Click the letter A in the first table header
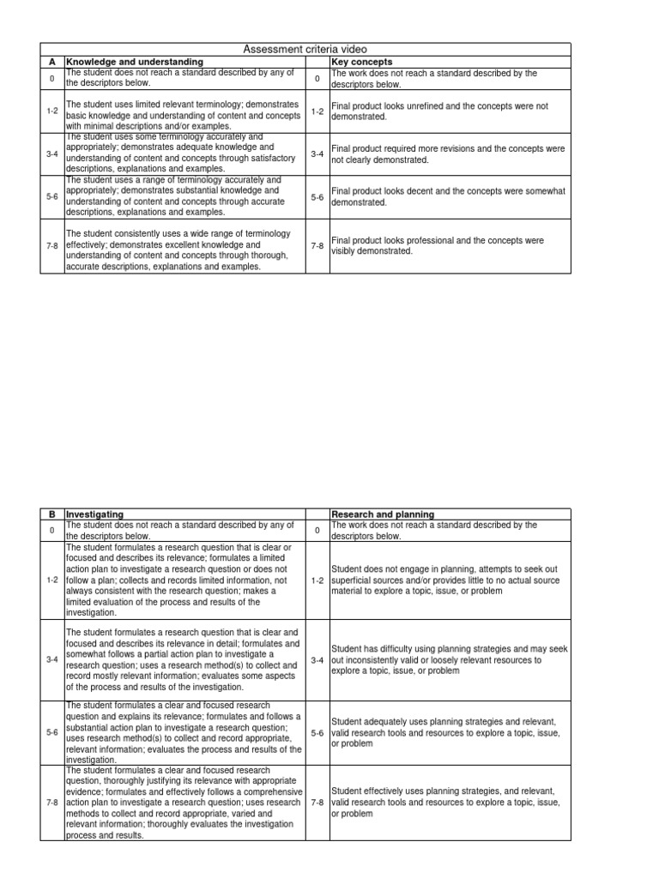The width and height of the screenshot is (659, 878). coord(51,62)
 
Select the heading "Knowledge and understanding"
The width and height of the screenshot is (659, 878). coord(135,62)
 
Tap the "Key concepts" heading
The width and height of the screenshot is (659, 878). coord(361,62)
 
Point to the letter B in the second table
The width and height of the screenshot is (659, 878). coord(51,514)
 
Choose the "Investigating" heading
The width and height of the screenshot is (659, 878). coord(95,514)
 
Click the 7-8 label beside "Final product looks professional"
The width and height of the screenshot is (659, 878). coord(317,246)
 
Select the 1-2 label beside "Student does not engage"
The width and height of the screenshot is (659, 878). coord(317,580)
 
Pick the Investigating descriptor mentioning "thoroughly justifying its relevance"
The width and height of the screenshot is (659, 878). coord(184,802)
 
